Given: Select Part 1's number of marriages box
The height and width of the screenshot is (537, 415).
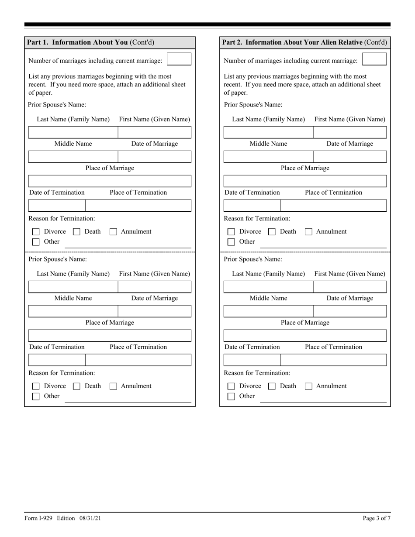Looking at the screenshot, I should [179, 59].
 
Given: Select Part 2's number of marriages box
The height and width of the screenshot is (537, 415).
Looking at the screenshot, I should [374, 59].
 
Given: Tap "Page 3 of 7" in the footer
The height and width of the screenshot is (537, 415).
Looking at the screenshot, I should [377, 518].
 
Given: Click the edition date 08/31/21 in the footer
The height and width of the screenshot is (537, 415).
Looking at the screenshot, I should [91, 518].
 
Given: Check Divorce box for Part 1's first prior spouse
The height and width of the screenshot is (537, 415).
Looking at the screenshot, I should [36, 232].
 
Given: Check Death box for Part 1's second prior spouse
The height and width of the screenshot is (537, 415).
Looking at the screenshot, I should [76, 386].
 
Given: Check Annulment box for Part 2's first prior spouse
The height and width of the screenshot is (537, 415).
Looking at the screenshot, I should [308, 232].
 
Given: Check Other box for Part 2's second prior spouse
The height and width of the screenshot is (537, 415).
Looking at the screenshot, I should [232, 396].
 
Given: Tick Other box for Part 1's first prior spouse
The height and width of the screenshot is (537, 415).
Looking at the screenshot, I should [36, 242].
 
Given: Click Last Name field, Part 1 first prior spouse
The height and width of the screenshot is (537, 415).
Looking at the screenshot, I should [73, 132].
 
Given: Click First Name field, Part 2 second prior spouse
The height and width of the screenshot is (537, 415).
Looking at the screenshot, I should [349, 287].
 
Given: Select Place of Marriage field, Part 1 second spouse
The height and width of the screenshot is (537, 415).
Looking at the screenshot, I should [110, 335].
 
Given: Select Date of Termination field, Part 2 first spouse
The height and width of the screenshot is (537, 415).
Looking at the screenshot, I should [252, 206].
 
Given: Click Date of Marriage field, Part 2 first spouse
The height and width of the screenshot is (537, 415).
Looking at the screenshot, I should [349, 157].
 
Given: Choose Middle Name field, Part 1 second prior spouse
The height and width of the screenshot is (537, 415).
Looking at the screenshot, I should [73, 311].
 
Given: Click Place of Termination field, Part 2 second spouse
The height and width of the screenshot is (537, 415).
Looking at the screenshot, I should [333, 360].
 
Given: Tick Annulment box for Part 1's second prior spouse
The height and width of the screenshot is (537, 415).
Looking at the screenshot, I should [113, 386].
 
